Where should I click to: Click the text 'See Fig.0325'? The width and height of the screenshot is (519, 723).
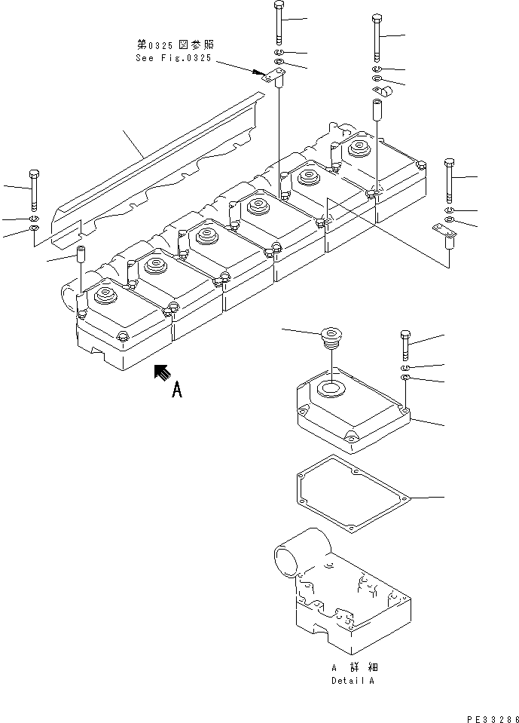tap(174, 57)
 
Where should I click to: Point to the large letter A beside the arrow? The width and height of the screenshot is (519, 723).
tap(178, 390)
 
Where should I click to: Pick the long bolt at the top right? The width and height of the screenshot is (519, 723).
tap(377, 38)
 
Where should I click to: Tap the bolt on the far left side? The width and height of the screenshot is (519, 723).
tap(33, 189)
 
